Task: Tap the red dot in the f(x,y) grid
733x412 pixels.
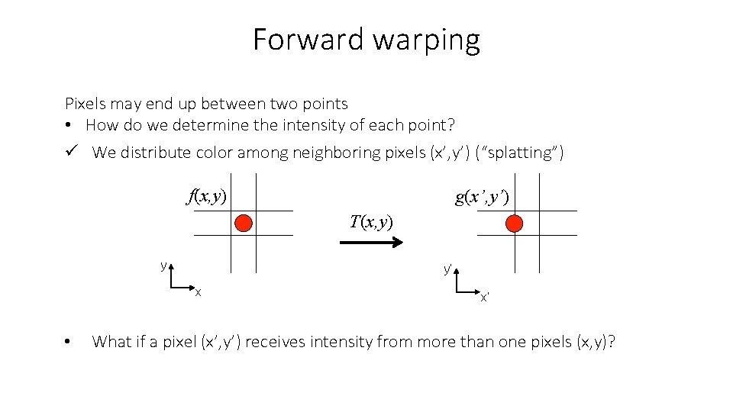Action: (x=244, y=223)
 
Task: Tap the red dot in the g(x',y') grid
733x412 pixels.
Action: (x=514, y=223)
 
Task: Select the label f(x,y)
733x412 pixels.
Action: (x=207, y=196)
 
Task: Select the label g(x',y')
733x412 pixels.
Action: (x=482, y=198)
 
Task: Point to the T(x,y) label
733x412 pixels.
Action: (x=371, y=222)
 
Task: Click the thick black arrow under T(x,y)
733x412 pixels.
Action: (x=371, y=243)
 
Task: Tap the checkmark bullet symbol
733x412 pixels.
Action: (x=71, y=152)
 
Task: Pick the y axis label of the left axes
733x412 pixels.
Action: (x=163, y=266)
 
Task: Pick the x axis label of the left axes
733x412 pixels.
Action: (x=198, y=292)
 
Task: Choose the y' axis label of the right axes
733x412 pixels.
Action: (x=449, y=269)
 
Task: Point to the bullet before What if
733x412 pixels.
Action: (x=69, y=342)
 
